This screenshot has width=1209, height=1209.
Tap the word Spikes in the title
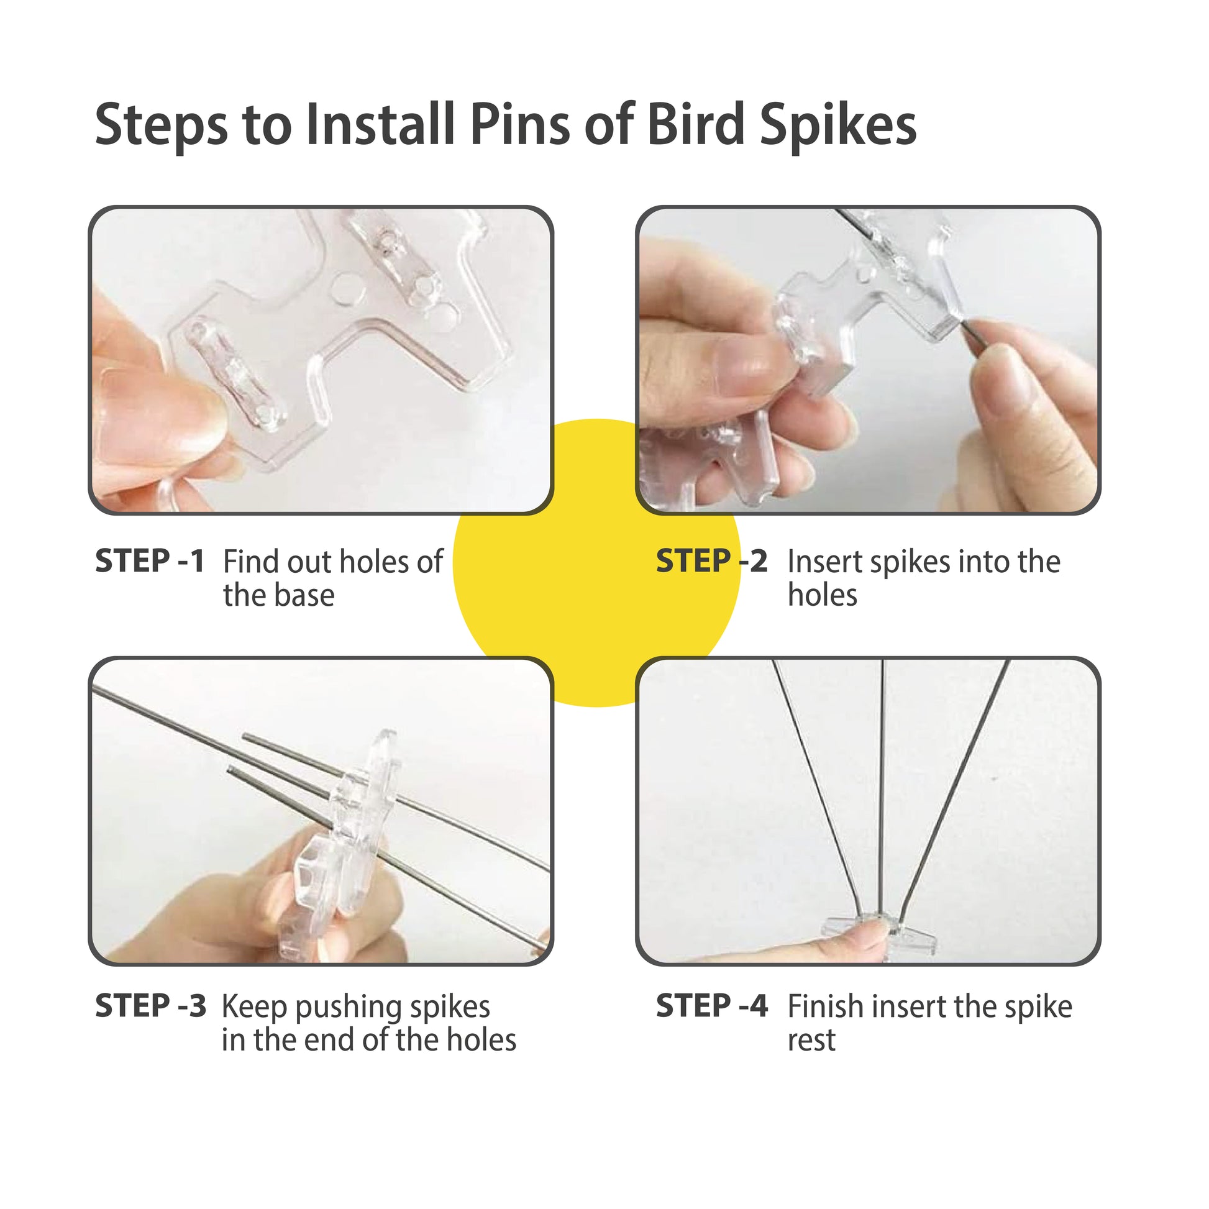[838, 125]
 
